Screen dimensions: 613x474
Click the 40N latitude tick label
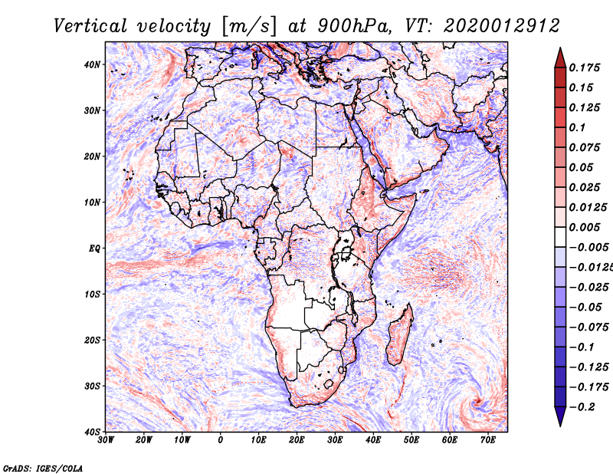click(93, 64)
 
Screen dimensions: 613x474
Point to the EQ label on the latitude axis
click(94, 249)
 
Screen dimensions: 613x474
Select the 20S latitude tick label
click(93, 340)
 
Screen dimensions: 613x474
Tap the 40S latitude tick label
click(93, 432)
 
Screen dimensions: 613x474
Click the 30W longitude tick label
click(106, 440)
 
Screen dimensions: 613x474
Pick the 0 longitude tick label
click(221, 440)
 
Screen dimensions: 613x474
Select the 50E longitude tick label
click(411, 440)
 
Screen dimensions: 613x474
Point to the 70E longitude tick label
click(488, 440)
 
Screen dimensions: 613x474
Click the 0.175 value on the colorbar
click(585, 67)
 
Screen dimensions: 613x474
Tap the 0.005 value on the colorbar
click(585, 227)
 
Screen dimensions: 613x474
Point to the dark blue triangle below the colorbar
click(560, 415)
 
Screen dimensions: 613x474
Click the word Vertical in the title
click(90, 26)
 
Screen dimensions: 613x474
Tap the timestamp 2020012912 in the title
click(502, 26)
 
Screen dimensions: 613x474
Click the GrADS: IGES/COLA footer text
click(43, 468)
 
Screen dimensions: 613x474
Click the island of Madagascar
click(399, 335)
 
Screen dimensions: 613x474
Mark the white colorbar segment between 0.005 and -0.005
click(560, 237)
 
